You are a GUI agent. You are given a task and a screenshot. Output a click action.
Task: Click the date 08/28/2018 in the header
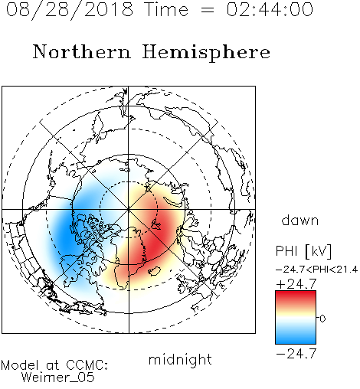coord(70,9)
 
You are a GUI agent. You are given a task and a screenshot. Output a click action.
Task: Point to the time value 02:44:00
coord(270,9)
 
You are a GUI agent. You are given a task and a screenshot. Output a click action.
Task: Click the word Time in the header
coord(166,9)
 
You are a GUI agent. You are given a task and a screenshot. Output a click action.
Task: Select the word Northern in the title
coord(82,51)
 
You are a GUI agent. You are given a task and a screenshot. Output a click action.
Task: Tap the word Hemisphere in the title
coord(206,52)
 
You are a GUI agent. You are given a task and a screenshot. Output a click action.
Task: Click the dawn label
coord(300,220)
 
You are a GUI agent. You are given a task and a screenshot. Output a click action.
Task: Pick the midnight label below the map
coord(180,359)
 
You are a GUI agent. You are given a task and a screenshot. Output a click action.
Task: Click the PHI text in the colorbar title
coord(286,250)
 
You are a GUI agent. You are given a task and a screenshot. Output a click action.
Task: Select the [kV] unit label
coord(318,251)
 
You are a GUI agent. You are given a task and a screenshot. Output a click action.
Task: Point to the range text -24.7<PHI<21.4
coord(316,270)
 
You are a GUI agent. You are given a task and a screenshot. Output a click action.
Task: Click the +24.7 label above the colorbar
coord(296,283)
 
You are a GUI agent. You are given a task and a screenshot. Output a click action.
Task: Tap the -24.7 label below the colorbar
coord(296,354)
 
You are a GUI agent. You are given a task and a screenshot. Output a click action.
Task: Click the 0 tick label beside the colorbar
coord(322,319)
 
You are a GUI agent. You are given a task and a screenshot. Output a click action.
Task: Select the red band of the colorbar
coord(296,297)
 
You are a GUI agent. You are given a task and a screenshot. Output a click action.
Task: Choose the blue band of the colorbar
coord(296,337)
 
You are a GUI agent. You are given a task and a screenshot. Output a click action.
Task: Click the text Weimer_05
coord(58,378)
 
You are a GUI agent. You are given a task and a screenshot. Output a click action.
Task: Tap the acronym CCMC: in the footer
coord(87,365)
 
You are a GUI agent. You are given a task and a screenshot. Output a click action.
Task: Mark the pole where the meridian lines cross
coord(129,210)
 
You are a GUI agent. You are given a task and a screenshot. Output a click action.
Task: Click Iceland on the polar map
coord(155,271)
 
